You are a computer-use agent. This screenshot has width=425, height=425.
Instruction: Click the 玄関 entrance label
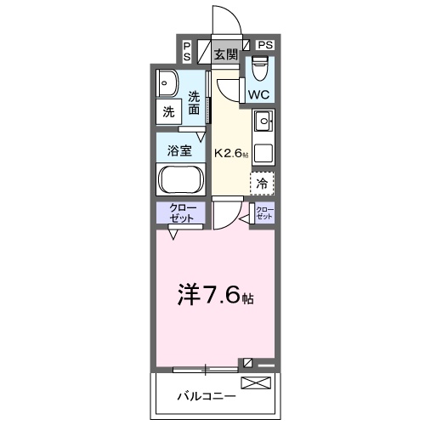point(224,54)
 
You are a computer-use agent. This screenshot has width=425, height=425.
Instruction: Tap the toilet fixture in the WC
point(259,65)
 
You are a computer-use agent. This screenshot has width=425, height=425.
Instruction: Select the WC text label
point(258,94)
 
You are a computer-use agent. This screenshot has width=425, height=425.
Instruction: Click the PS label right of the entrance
point(265,44)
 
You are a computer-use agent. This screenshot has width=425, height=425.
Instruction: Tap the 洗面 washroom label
point(195,103)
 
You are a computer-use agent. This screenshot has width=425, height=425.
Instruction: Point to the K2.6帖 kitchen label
point(231,154)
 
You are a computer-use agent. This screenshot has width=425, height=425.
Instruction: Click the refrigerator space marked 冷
point(262,182)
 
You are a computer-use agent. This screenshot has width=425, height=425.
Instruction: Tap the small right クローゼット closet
point(264,212)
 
